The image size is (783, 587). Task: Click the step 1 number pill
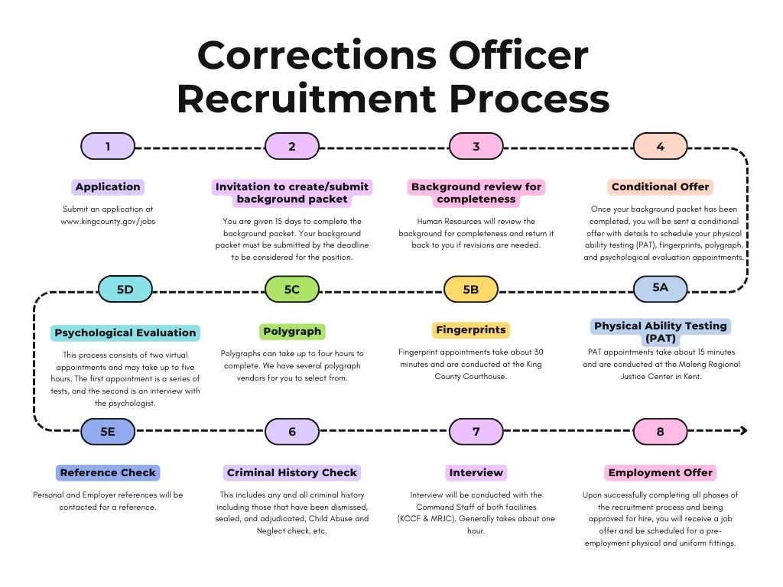click(108, 146)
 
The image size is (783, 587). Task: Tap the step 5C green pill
click(292, 289)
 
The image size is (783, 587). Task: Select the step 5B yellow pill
click(471, 289)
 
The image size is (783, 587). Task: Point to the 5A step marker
click(661, 287)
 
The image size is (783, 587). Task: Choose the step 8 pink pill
click(661, 432)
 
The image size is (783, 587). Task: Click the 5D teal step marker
click(125, 289)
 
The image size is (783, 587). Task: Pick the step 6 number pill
click(292, 432)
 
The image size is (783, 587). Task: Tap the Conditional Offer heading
click(661, 186)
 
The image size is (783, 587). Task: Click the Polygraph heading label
click(292, 332)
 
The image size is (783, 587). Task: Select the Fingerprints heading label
click(471, 330)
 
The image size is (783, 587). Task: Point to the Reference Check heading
click(108, 472)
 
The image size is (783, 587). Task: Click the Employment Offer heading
click(661, 473)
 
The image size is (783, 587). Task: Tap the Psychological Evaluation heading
click(125, 332)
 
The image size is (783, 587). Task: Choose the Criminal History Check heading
click(292, 472)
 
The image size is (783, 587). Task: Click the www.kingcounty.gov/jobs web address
click(108, 221)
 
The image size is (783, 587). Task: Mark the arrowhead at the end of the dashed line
click(742, 431)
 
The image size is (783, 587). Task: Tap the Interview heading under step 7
click(476, 472)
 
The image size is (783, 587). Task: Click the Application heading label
click(108, 186)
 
